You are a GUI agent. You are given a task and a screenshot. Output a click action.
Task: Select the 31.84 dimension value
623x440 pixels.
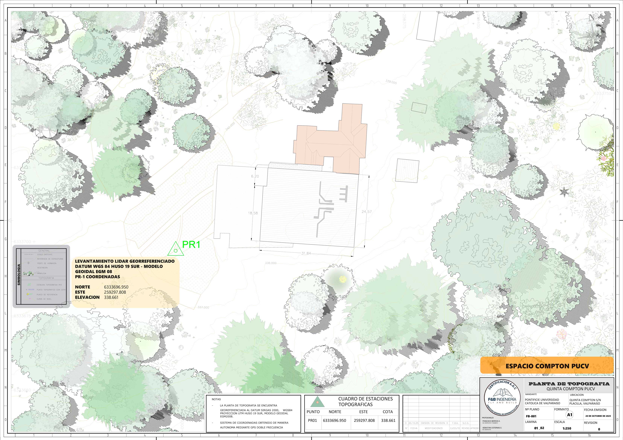pyautogui.click(x=306, y=253)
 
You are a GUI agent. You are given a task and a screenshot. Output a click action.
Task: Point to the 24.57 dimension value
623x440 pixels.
pyautogui.click(x=367, y=212)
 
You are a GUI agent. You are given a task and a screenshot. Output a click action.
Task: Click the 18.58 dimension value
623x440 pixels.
pyautogui.click(x=253, y=213)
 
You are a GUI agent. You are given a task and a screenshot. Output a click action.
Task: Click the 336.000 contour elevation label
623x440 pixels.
pyautogui.click(x=271, y=263)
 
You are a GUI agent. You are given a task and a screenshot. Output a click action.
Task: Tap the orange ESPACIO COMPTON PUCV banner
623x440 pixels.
pyautogui.click(x=547, y=366)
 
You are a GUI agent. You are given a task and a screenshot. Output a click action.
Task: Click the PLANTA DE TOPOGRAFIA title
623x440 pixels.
pyautogui.click(x=569, y=384)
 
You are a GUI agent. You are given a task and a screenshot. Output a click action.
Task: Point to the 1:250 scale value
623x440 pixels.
pyautogui.click(x=567, y=428)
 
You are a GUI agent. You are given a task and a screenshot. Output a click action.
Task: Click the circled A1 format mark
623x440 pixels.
pyautogui.click(x=570, y=414)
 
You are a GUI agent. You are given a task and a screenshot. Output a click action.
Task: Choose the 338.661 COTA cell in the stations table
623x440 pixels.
pyautogui.click(x=388, y=420)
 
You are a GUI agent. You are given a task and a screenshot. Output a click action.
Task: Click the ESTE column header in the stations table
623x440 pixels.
pyautogui.click(x=363, y=412)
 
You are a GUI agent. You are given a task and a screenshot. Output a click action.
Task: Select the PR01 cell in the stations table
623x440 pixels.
pyautogui.click(x=312, y=420)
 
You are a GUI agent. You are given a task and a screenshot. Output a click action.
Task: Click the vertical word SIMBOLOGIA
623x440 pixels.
pyautogui.click(x=19, y=274)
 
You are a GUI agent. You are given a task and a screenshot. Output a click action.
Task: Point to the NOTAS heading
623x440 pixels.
pyautogui.click(x=216, y=399)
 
